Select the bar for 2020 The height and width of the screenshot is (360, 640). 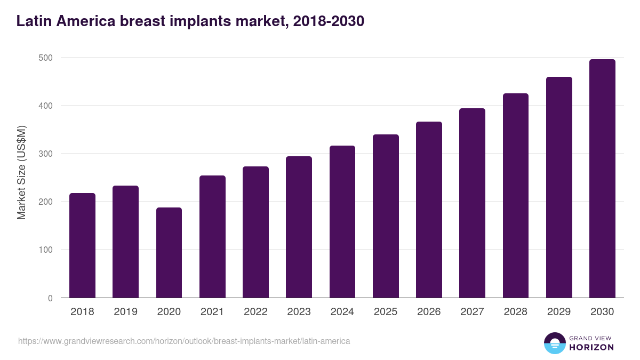tap(169, 252)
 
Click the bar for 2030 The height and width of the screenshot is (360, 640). tap(602, 178)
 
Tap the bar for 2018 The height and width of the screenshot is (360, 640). tap(82, 245)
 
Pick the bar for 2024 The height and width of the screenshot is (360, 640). tap(342, 221)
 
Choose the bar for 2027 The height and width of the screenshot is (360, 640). tap(472, 203)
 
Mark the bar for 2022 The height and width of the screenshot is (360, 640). tap(255, 232)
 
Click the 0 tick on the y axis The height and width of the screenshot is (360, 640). tap(50, 298)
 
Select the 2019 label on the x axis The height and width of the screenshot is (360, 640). tap(125, 312)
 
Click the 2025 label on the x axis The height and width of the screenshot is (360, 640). tap(386, 312)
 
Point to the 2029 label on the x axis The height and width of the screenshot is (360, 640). tap(559, 312)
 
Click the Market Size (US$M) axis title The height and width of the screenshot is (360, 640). tap(21, 173)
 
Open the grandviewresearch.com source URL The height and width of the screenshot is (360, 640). tap(184, 341)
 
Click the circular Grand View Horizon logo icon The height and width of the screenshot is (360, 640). tap(554, 343)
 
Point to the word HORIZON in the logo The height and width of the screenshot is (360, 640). tap(591, 347)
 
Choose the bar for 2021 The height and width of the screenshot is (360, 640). tap(212, 236)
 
